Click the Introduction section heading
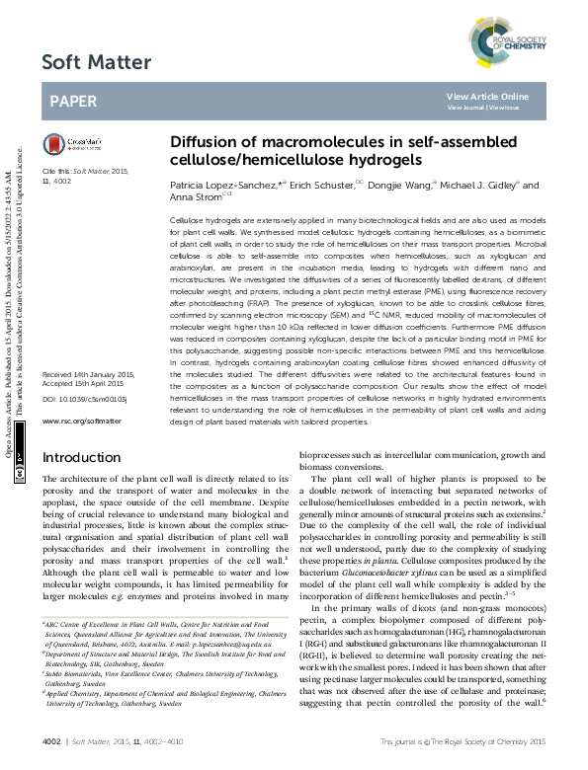click(x=81, y=458)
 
